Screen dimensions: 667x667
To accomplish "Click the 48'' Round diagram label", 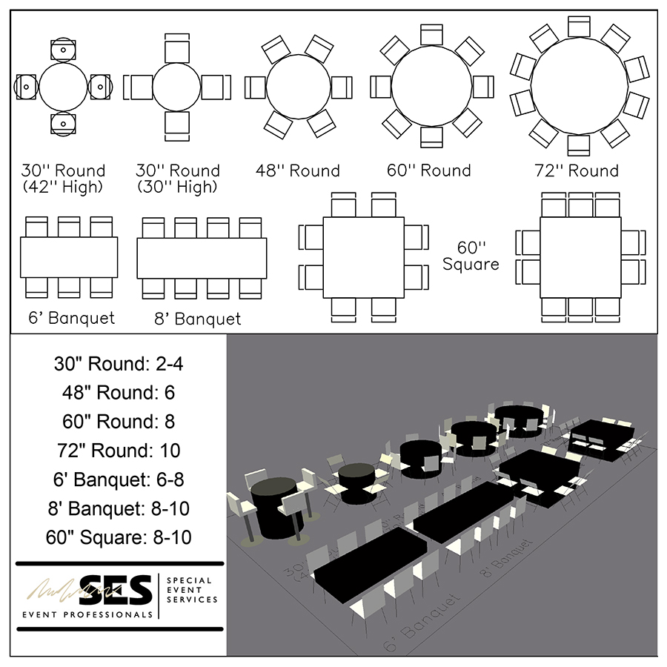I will pos(299,171).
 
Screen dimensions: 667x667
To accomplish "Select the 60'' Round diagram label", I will pos(430,171).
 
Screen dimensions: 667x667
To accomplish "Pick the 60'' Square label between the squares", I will pos(470,256).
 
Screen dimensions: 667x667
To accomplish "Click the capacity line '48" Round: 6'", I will pos(119,393).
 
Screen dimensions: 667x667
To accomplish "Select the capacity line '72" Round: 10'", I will pos(119,450).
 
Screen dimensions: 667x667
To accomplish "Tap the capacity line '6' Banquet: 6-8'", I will pos(119,479).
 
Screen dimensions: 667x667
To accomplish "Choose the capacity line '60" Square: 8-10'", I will pos(119,537).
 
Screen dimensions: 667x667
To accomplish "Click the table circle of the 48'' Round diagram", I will pos(298,87).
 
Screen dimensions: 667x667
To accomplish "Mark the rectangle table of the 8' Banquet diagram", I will pos(202,258).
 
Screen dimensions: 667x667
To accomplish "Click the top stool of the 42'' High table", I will pos(63,50).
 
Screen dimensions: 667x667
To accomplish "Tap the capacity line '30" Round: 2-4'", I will pos(119,364).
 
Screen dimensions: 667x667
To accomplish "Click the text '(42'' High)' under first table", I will pos(64,188).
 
